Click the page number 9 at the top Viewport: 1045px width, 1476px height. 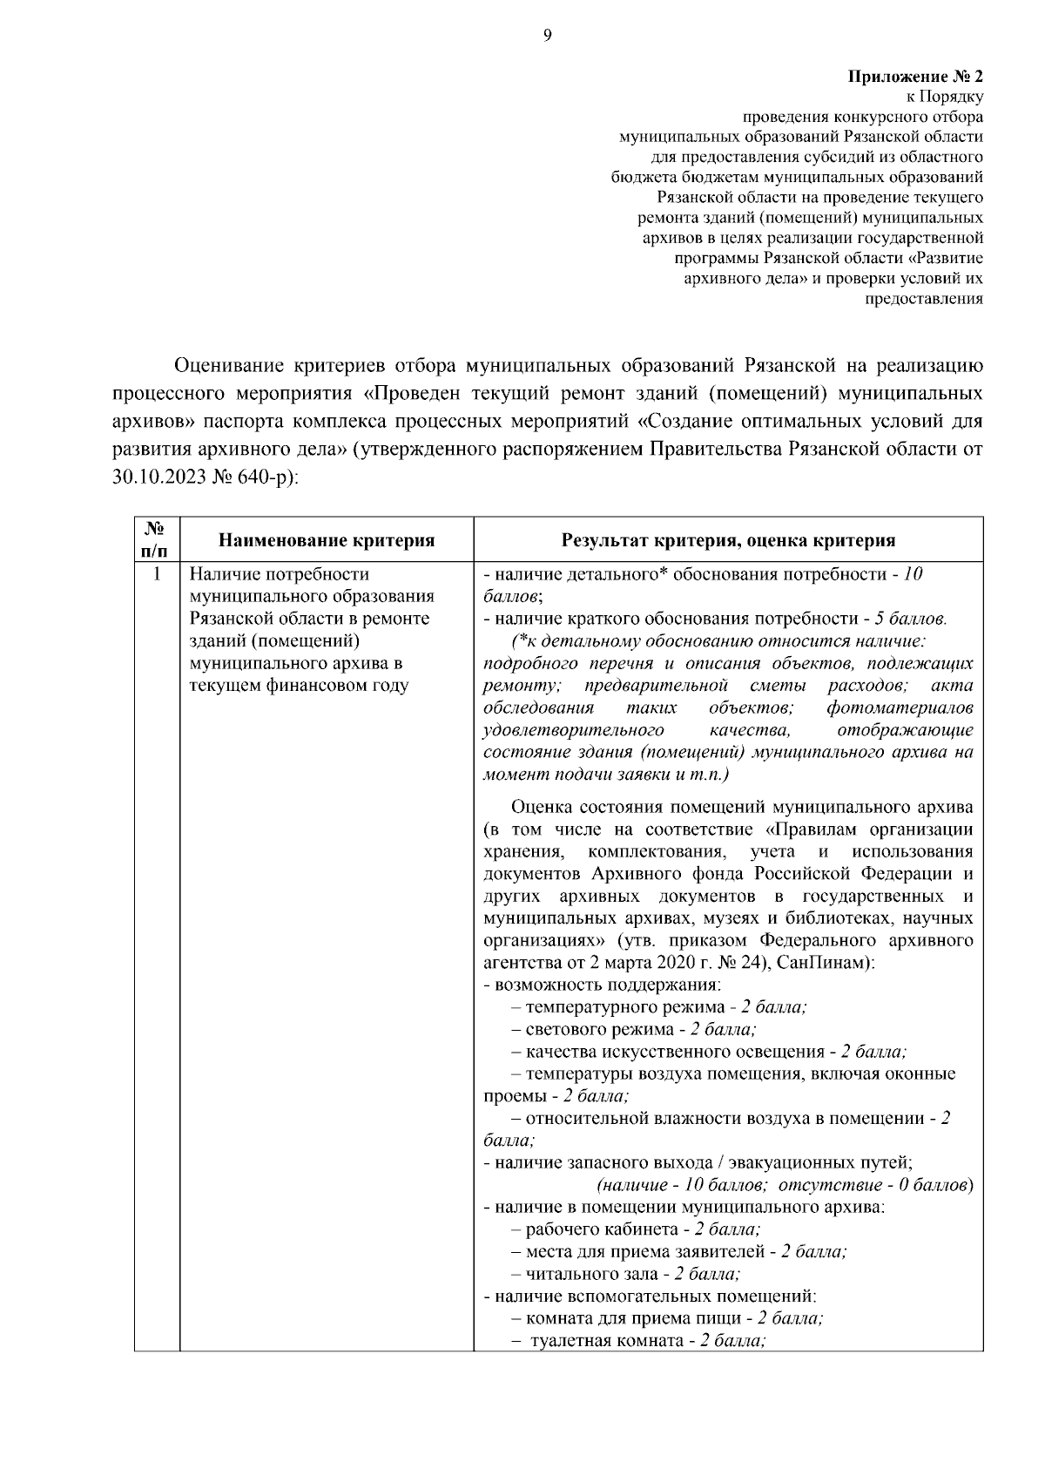547,36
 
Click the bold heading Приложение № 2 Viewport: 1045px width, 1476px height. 915,77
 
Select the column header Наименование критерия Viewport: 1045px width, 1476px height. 327,540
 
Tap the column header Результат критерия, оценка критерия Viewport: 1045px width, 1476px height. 728,540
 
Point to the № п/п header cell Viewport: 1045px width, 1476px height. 156,539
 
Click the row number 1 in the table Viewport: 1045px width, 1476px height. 157,574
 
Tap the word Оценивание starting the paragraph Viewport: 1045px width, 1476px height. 225,364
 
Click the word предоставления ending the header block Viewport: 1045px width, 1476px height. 922,299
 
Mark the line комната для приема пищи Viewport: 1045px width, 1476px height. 666,1318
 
